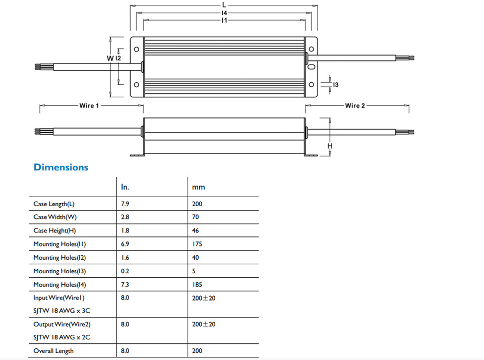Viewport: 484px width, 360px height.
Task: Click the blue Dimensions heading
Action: tap(61, 167)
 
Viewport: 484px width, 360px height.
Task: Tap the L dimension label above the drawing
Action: tap(224, 5)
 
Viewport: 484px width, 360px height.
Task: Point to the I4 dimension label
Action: tap(224, 13)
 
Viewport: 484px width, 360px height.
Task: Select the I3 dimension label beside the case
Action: tap(336, 85)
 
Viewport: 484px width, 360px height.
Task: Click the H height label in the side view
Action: tap(330, 146)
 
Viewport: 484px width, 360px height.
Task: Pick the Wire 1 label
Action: tap(89, 105)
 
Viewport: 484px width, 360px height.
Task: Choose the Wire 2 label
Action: tap(355, 105)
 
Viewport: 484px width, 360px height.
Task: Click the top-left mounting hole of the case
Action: tap(137, 49)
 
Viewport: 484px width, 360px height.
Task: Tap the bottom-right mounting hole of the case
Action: tap(312, 85)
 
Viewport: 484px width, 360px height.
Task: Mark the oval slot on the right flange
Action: tap(312, 67)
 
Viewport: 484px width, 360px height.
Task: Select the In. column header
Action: tap(125, 187)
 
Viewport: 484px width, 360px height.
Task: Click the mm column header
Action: tap(199, 188)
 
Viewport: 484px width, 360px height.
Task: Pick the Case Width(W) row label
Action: tap(55, 217)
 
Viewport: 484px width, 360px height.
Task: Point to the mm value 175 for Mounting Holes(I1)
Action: tap(197, 244)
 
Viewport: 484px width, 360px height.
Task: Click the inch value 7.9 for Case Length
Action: tap(125, 204)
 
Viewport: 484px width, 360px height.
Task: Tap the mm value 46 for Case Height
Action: tap(196, 230)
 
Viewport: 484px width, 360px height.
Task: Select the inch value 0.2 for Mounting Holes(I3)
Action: tap(125, 271)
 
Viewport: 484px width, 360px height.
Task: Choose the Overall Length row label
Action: tap(53, 351)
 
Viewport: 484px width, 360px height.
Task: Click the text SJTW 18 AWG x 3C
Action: tap(62, 311)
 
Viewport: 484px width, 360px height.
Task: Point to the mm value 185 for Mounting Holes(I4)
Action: tap(197, 285)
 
